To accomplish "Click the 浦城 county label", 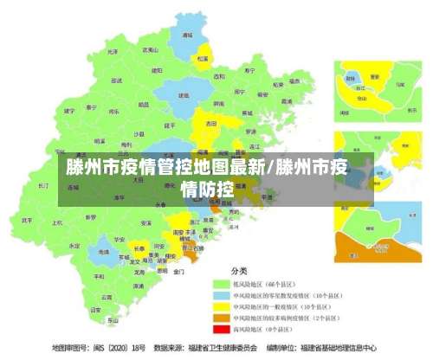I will (x=186, y=35).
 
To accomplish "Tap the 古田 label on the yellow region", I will (x=210, y=124).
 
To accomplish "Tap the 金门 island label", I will (x=178, y=271).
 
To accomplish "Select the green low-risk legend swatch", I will (x=221, y=284).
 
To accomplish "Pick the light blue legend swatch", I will (x=221, y=295).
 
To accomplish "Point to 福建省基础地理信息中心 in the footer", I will (x=339, y=348).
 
